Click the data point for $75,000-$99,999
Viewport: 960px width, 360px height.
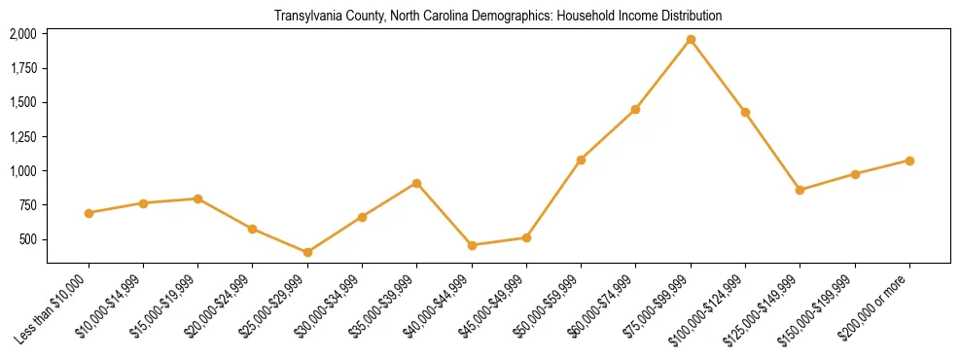pyautogui.click(x=691, y=40)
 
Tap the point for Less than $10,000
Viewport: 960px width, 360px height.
pyautogui.click(x=89, y=212)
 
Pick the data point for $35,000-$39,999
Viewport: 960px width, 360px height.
pyautogui.click(x=416, y=183)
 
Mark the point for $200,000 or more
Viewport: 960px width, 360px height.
pyautogui.click(x=909, y=161)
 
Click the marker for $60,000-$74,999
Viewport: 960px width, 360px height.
pyautogui.click(x=635, y=109)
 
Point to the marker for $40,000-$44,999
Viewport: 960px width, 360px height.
pyautogui.click(x=472, y=245)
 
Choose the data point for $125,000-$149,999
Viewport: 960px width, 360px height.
pyautogui.click(x=800, y=190)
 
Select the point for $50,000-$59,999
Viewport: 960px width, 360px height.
pyautogui.click(x=581, y=160)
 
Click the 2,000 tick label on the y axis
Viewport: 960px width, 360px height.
pyautogui.click(x=23, y=34)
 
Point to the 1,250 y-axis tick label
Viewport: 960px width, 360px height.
pyautogui.click(x=23, y=136)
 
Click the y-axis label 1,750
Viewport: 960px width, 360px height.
pyautogui.click(x=23, y=68)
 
